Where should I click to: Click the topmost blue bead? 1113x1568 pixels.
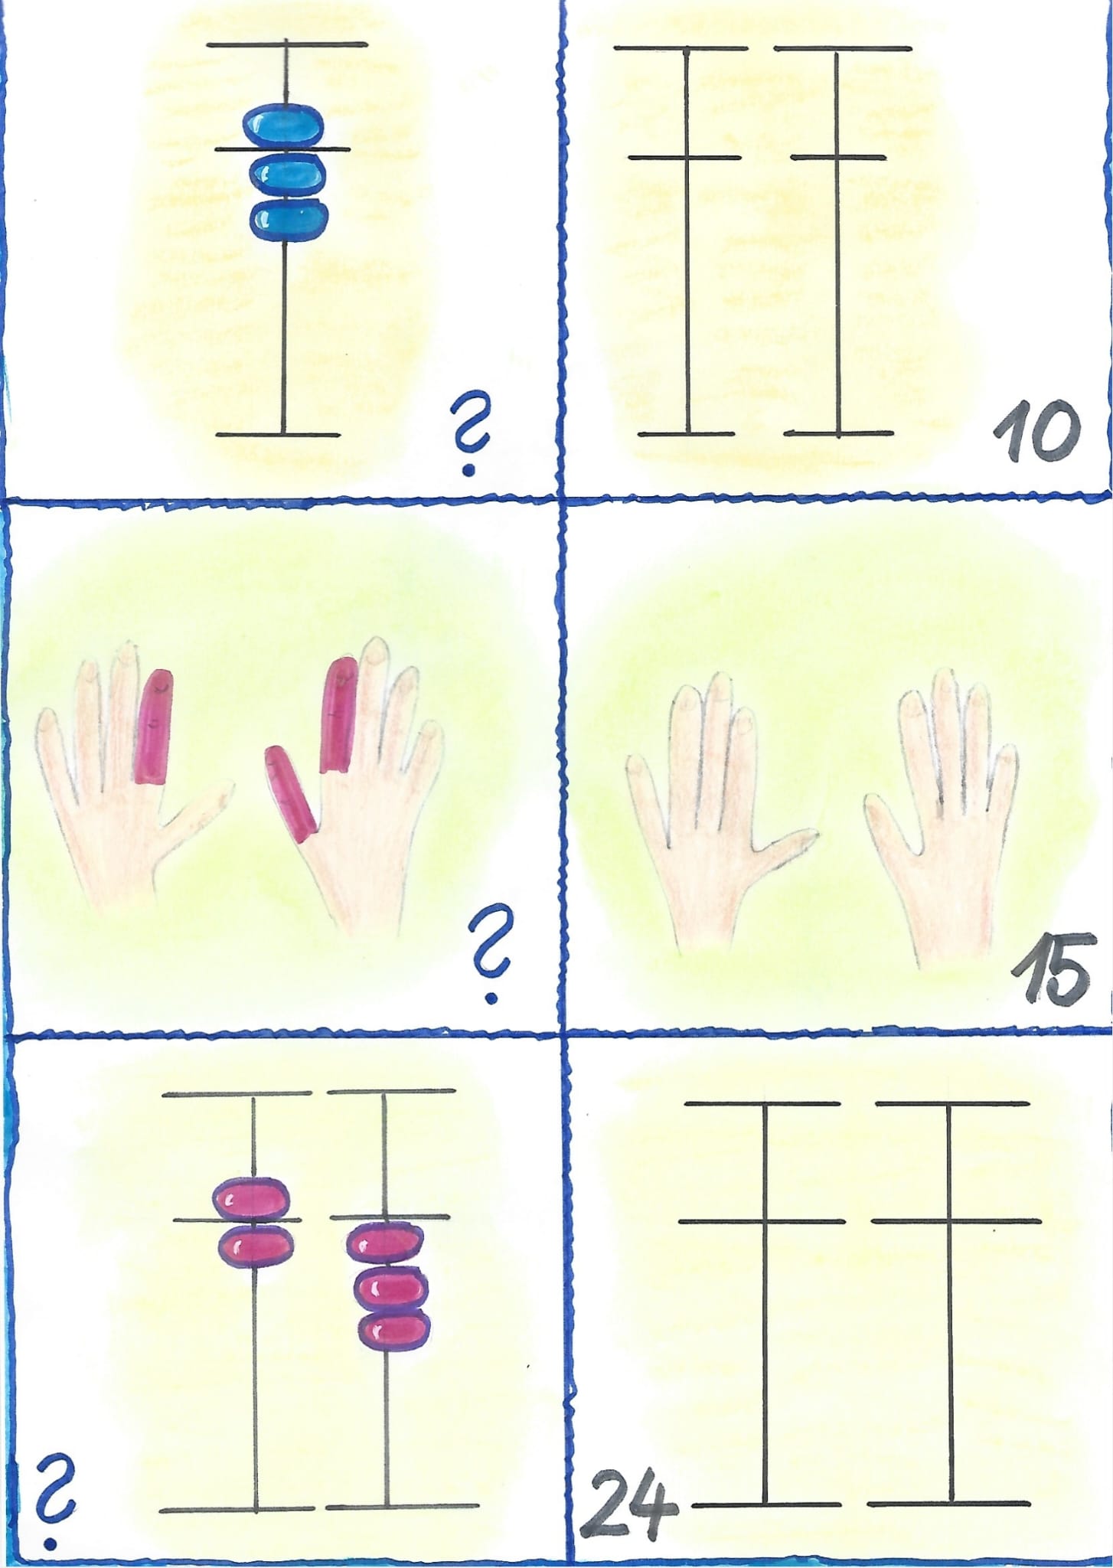[284, 125]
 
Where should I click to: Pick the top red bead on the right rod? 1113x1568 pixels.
[384, 1242]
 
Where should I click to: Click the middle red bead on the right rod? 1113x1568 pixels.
[390, 1286]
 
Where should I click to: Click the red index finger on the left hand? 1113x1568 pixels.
[153, 727]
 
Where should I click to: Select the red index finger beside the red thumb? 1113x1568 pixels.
[338, 714]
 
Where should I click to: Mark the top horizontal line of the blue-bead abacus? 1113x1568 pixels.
[286, 44]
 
